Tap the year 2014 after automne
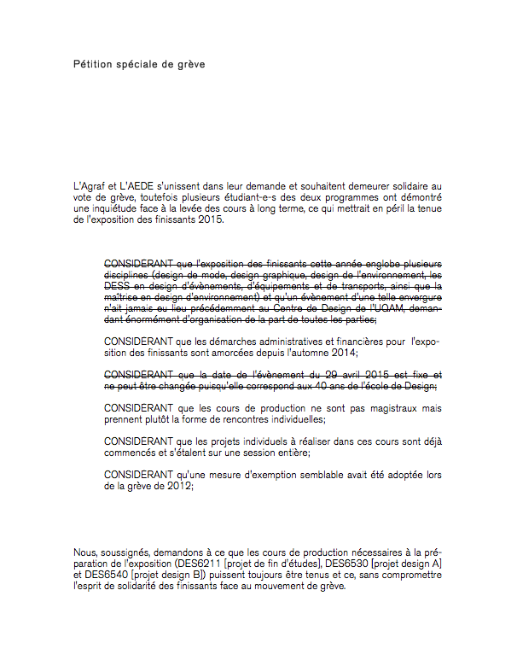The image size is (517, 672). (342, 353)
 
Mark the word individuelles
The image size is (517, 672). (288, 419)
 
